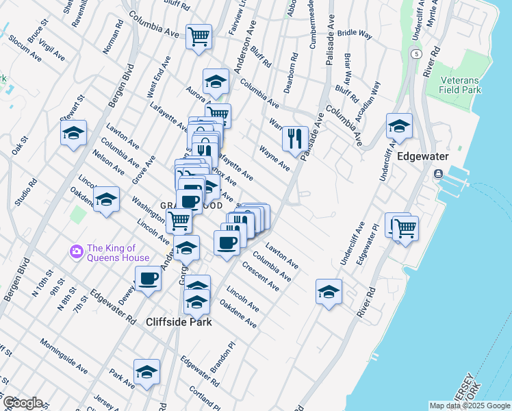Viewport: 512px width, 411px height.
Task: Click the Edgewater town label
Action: (x=422, y=156)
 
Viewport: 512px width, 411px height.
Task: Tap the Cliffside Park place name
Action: (x=179, y=321)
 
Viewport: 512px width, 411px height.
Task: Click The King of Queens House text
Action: (x=118, y=253)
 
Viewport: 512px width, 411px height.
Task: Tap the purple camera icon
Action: (x=76, y=253)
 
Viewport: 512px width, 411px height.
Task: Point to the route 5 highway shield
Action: (x=415, y=53)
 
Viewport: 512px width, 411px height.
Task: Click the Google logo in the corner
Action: (x=22, y=402)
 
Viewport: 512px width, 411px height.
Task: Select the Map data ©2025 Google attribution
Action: (x=470, y=406)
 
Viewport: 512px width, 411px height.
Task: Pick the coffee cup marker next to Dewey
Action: (x=147, y=278)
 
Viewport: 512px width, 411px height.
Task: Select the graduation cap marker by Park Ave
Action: (x=146, y=372)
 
